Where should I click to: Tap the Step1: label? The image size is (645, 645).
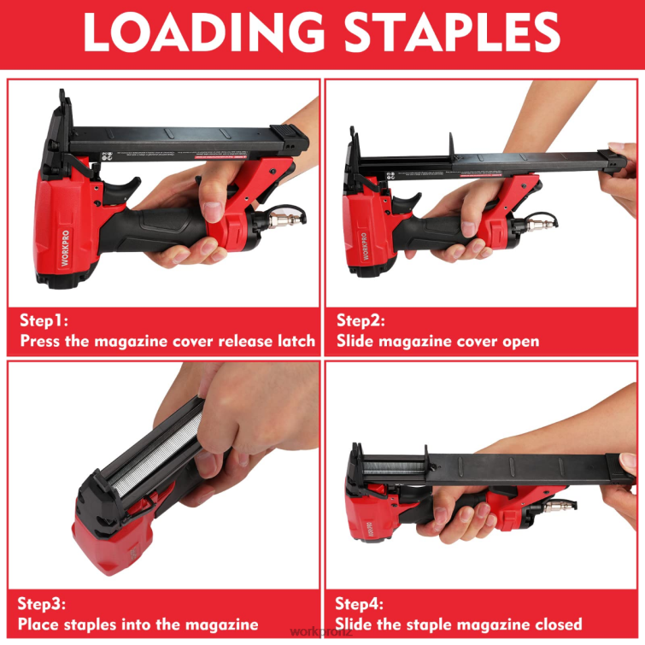pos(44,321)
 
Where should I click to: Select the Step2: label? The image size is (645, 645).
pos(361,321)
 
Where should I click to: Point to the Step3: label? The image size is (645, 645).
pos(42,603)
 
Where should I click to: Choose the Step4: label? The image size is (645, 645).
pos(360,603)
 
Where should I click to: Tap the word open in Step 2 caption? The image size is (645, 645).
pos(520,341)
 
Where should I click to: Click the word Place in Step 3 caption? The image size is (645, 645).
pos(38,624)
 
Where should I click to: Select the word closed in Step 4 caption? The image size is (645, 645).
pos(556,624)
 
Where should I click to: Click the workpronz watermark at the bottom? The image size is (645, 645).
pos(322,632)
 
